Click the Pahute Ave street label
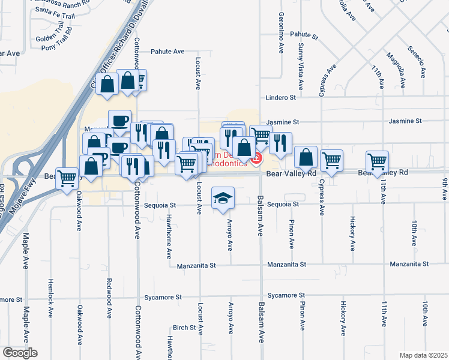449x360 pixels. [167, 52]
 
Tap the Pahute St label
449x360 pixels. [304, 35]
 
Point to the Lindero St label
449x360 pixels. [282, 97]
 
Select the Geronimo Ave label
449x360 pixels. [280, 34]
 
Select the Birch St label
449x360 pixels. [184, 328]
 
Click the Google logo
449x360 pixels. [19, 353]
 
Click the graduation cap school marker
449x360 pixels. [223, 199]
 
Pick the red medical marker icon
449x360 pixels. [256, 158]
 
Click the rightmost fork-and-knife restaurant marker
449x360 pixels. [280, 143]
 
